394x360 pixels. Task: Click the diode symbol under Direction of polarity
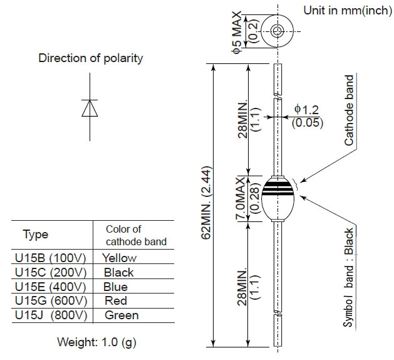90,108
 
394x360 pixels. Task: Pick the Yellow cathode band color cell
119,258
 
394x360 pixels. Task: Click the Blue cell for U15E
115,287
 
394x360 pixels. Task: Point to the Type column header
35,235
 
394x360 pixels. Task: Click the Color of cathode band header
132,235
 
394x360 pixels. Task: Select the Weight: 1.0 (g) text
96,342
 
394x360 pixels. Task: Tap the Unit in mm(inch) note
348,11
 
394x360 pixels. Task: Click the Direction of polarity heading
91,58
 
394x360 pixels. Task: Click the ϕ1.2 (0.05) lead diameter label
308,116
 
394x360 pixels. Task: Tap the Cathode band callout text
350,110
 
